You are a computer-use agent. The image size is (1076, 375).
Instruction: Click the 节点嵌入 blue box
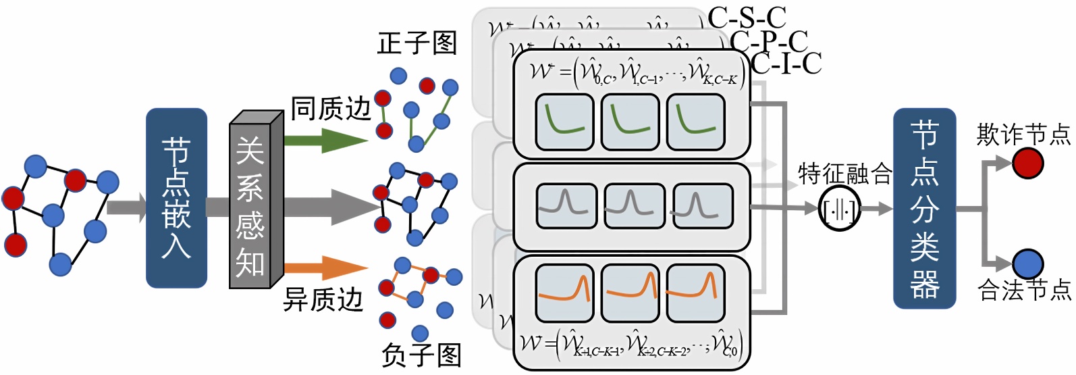[x=176, y=198]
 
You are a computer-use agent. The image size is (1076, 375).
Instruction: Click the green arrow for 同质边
[x=324, y=140]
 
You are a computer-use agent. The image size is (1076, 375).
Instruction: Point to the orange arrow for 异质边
[x=324, y=268]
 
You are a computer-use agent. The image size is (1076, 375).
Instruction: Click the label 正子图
[x=417, y=43]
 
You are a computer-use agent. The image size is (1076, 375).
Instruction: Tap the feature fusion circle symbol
[x=839, y=210]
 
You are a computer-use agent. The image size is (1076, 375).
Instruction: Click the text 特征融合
[x=844, y=174]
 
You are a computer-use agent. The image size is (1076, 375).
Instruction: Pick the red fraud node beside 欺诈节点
[x=1027, y=163]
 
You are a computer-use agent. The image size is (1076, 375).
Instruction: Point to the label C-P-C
[x=769, y=41]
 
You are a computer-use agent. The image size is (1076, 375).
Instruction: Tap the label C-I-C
[x=786, y=64]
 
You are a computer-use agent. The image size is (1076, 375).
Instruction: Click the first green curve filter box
[x=564, y=122]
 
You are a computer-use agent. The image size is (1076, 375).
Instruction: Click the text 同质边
[x=331, y=108]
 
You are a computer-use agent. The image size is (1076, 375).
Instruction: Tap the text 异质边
[x=323, y=299]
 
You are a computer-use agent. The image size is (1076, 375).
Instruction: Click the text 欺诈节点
[x=1023, y=134]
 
